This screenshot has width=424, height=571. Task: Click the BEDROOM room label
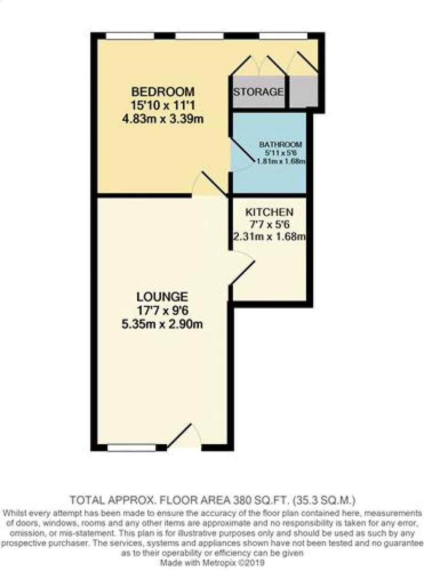[163, 92]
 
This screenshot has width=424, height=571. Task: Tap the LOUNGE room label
[162, 297]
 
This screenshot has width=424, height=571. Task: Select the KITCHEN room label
[269, 212]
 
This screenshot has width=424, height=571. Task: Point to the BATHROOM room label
[280, 145]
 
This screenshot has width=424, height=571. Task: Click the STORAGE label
[258, 92]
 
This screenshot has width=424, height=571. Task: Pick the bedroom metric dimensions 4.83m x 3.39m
[163, 120]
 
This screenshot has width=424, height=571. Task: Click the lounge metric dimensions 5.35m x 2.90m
[162, 325]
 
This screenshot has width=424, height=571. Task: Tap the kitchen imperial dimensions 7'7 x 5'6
[269, 224]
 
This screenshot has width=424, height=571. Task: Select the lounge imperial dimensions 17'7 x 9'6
[163, 311]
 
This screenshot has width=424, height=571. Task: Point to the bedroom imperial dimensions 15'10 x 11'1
[163, 106]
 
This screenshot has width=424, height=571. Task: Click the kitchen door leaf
[243, 273]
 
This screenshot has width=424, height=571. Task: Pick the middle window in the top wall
[199, 36]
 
